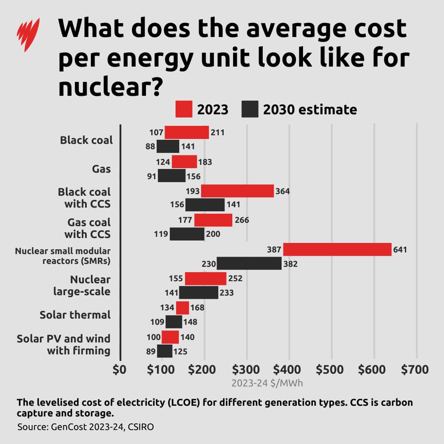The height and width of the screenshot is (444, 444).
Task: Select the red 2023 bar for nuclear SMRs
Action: pos(337,250)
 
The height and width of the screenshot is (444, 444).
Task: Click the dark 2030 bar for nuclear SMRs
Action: pos(249,264)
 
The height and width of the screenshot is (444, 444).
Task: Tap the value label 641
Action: pos(400,250)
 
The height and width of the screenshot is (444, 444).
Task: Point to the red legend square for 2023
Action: pos(184,109)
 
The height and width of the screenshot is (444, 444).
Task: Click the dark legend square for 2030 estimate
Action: pos(250,109)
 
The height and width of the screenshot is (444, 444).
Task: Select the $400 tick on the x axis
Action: pos(289,369)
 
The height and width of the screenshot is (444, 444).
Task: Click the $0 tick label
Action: pos(120,369)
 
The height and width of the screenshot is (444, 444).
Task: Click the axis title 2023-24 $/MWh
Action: pos(267,384)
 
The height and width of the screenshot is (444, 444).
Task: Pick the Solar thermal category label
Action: pos(75,315)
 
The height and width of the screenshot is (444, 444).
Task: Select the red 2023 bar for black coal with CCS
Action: pos(237,191)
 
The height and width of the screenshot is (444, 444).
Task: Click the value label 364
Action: pos(282,191)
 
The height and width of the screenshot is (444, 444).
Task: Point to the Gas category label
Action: pos(101,169)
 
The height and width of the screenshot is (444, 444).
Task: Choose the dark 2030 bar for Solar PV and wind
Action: pos(164,351)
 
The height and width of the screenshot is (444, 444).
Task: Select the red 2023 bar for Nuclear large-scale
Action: pos(206,278)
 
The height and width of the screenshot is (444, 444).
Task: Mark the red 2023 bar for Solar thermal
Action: pos(183,308)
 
